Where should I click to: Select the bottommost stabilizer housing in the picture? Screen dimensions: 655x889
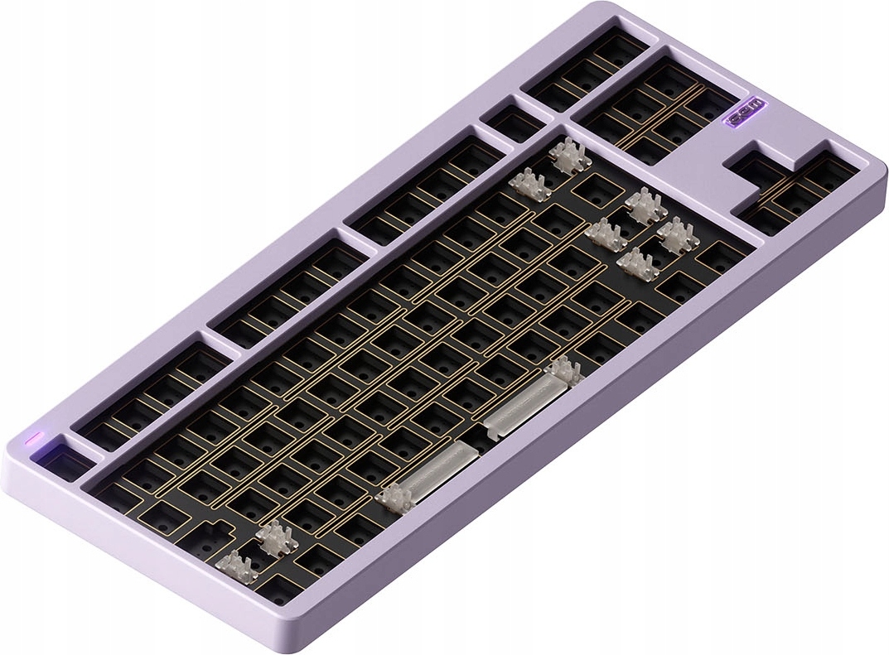pyautogui.click(x=235, y=566)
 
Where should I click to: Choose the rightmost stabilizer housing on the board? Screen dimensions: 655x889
pyautogui.click(x=678, y=234)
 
